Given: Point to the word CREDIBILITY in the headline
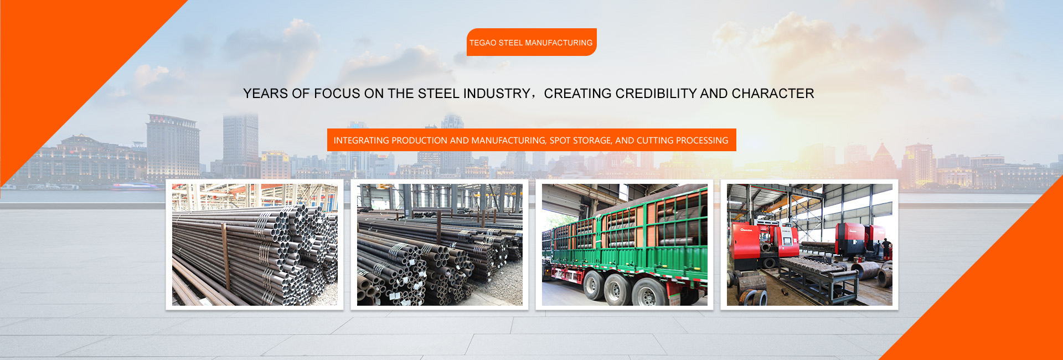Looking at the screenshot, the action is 656,94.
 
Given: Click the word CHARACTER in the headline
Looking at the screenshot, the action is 772,94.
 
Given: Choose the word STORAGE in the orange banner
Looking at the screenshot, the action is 592,141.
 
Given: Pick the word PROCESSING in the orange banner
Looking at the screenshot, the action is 701,141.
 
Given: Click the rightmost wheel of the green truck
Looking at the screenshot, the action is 647,292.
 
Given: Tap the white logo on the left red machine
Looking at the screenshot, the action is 746,229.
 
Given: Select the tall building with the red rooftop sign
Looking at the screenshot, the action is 173,147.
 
